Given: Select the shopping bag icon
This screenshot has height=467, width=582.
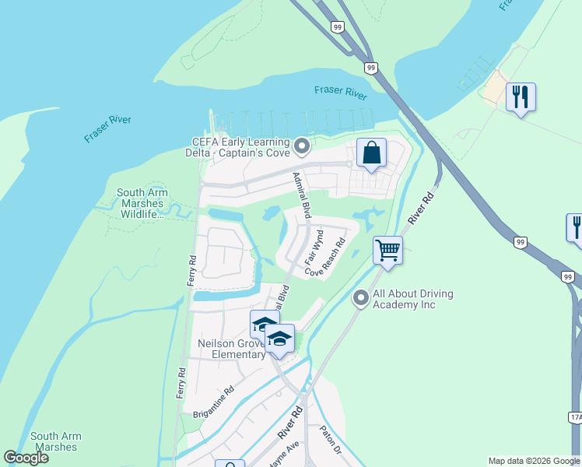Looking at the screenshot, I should tap(371, 153).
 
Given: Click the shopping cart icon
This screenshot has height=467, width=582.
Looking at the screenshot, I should tap(387, 251).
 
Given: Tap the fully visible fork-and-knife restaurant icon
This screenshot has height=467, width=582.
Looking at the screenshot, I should tap(520, 97).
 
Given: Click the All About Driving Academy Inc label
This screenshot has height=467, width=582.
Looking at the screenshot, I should tap(413, 299).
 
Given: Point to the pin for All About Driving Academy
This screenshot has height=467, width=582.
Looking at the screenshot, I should tap(360, 298).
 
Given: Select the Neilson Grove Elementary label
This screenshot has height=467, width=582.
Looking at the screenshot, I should tap(231, 349).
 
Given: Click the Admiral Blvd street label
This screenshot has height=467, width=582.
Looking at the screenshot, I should tap(300, 195).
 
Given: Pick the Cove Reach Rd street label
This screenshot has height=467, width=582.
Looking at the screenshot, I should tap(325, 258).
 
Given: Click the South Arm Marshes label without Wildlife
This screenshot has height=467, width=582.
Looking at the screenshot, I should tap(54, 442).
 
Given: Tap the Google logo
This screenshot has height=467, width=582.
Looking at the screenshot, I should tap(26, 458).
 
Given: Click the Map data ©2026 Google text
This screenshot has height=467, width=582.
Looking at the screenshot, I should tap(534, 461).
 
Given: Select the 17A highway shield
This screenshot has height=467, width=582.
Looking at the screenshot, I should tap(575, 418).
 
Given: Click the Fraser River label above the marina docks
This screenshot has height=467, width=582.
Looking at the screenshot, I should tap(340, 92).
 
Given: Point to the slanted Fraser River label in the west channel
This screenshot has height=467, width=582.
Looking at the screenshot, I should tap(108, 129).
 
